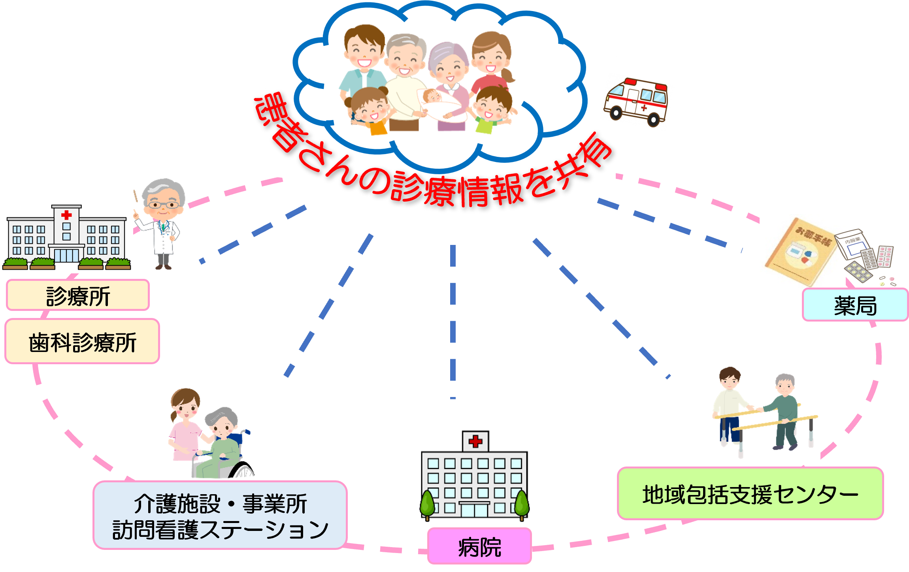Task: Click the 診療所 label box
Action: pyautogui.click(x=78, y=295)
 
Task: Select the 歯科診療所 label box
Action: pyautogui.click(x=82, y=342)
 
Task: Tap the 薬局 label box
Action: pyautogui.click(x=855, y=305)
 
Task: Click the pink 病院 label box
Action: pyautogui.click(x=479, y=547)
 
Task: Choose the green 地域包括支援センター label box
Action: pyautogui.click(x=750, y=494)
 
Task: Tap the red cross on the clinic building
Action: pyautogui.click(x=66, y=215)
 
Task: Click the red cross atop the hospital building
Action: pyautogui.click(x=475, y=441)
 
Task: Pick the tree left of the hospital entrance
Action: pyautogui.click(x=428, y=504)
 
